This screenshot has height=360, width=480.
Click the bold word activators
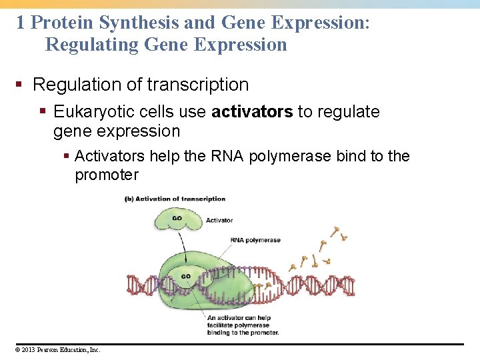[251, 111]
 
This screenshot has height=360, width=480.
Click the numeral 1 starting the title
[21, 23]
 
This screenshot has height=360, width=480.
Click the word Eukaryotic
[94, 111]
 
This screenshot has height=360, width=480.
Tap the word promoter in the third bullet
[107, 175]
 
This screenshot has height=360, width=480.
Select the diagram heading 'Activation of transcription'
[175, 198]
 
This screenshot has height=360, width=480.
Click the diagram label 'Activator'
[219, 220]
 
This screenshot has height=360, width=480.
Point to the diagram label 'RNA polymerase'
[255, 240]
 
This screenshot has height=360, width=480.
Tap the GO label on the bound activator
[186, 276]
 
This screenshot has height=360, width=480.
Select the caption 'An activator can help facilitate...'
[243, 325]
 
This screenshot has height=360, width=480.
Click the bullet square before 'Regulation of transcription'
[21, 85]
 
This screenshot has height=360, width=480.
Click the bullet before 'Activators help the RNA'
[66, 157]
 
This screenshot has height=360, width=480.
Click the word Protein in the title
[63, 23]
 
